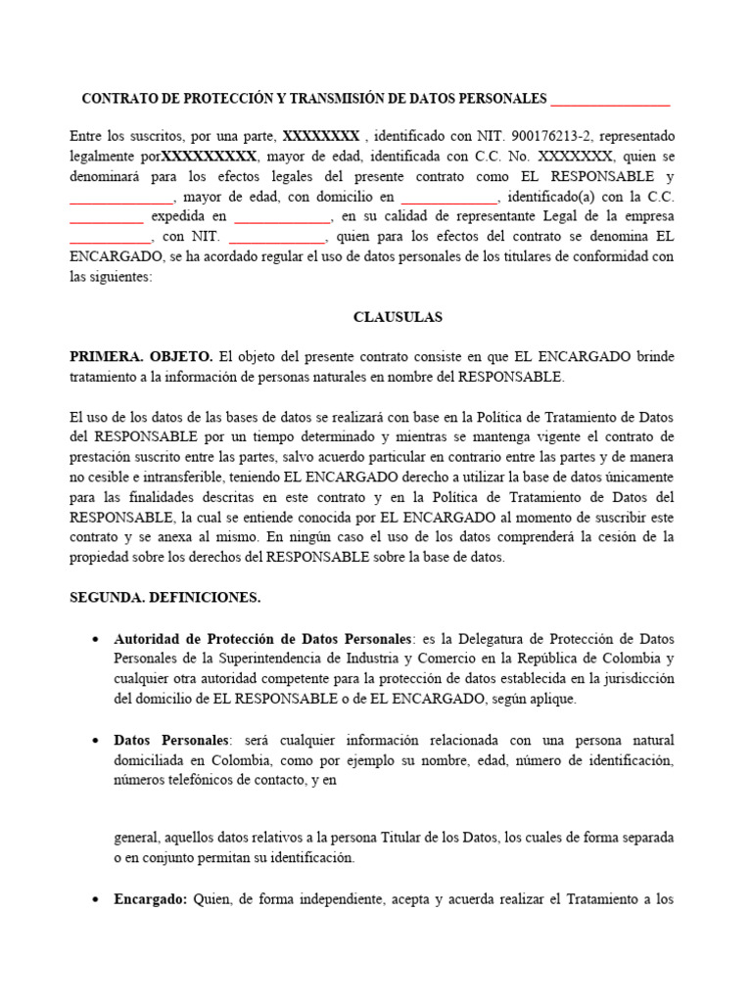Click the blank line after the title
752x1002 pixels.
pos(611,101)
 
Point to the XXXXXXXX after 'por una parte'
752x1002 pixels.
pos(321,136)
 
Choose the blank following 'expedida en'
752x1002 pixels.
pos(282,217)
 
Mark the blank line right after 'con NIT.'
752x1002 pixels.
pos(276,238)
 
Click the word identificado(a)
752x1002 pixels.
pos(551,197)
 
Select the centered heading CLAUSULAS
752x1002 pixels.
pos(398,318)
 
